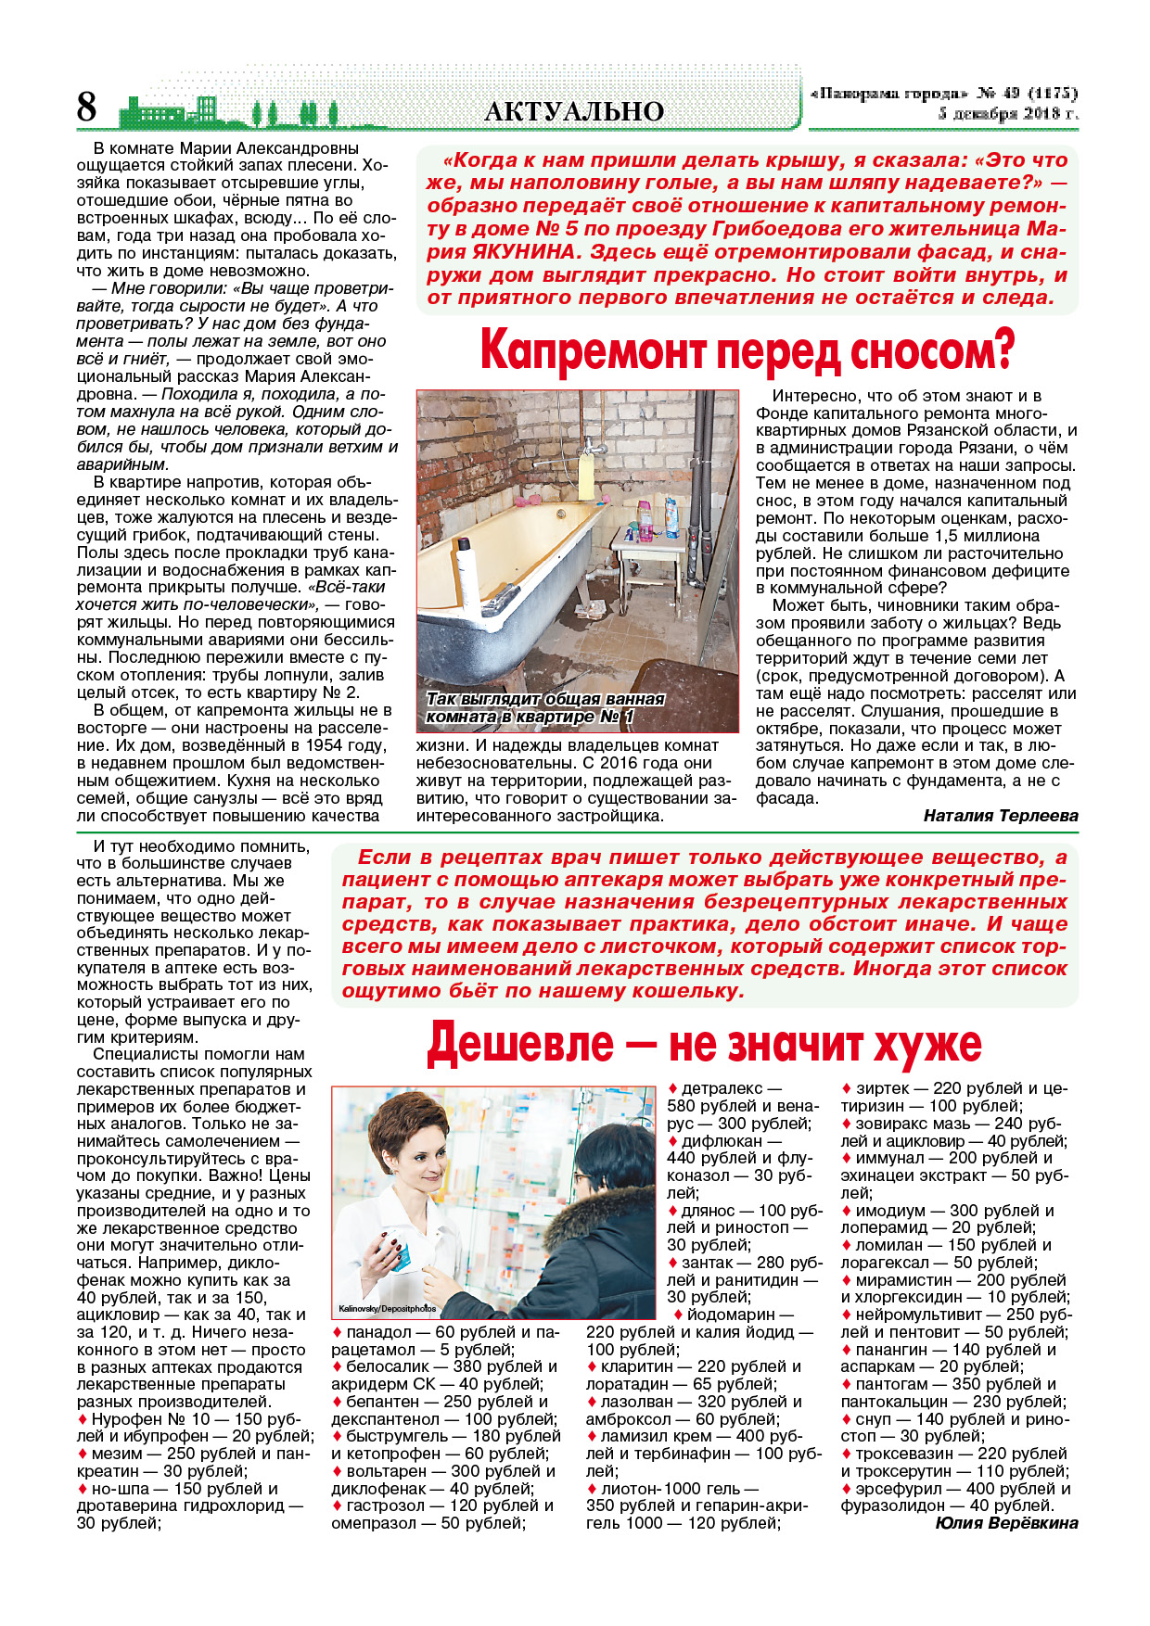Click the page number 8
click(86, 108)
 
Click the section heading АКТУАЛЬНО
click(574, 112)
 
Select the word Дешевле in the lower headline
click(519, 1044)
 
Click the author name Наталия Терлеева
click(1001, 816)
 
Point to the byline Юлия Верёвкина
click(1006, 1523)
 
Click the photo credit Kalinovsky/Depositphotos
click(387, 1309)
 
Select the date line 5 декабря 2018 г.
click(1008, 114)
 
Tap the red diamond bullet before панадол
click(337, 1332)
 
